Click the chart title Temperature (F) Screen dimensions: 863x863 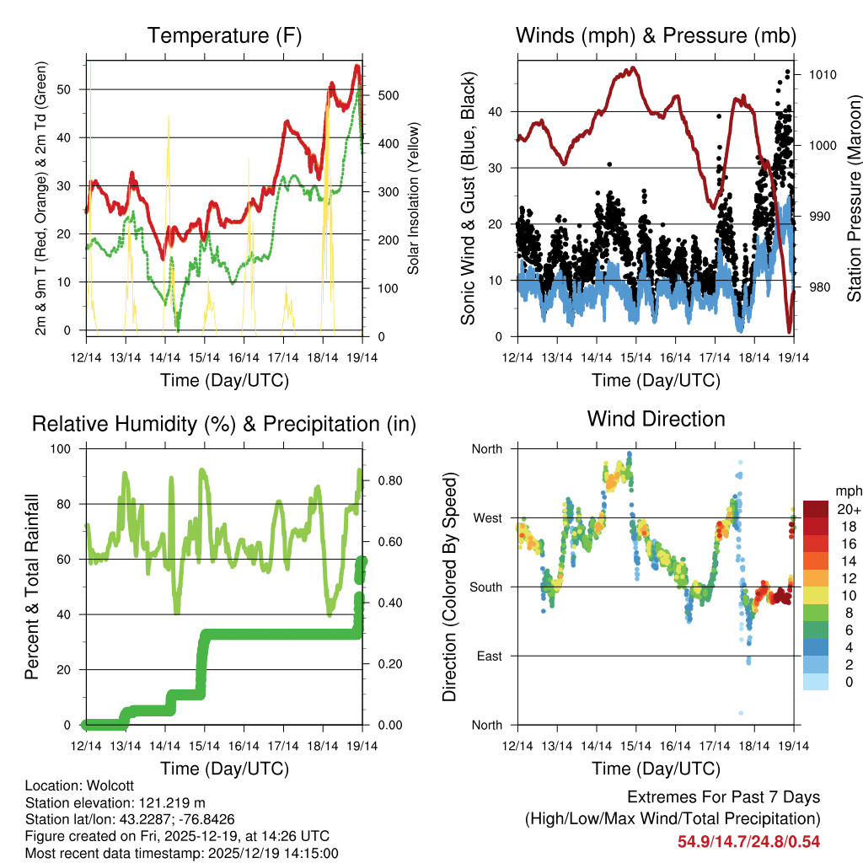coord(224,35)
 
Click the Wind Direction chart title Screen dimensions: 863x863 coord(656,418)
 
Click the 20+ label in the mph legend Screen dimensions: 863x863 coord(849,509)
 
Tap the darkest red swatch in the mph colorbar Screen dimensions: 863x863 coord(816,509)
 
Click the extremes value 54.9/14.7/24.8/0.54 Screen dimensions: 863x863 coord(748,841)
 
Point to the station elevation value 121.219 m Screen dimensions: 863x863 coord(164,802)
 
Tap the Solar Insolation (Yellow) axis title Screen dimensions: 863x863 coord(414,199)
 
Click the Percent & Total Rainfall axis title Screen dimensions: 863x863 coord(31,587)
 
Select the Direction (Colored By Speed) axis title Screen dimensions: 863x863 coord(450,587)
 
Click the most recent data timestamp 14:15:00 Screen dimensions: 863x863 coord(311,853)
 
